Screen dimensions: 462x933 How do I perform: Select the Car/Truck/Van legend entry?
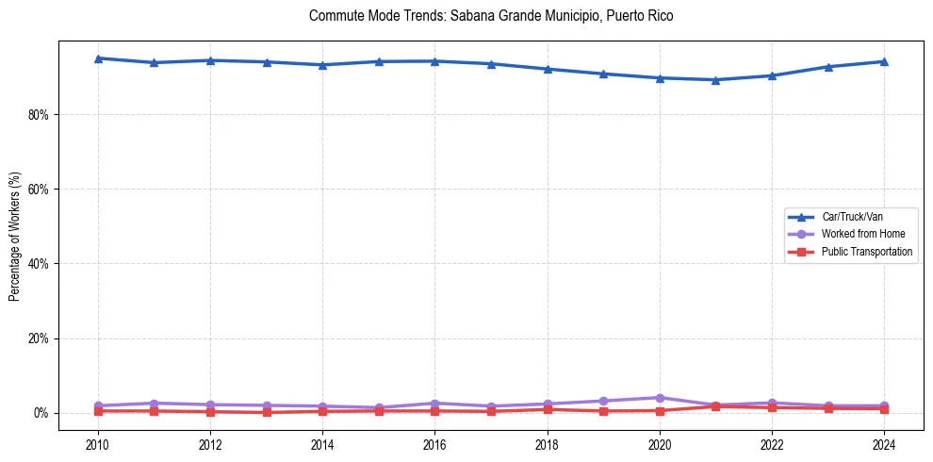pyautogui.click(x=852, y=217)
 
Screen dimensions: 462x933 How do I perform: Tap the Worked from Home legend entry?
pyautogui.click(x=863, y=234)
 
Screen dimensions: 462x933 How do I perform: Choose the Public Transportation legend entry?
pyautogui.click(x=867, y=252)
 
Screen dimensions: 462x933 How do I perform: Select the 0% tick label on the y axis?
pyautogui.click(x=41, y=413)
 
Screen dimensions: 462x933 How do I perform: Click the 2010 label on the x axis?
pyautogui.click(x=98, y=443)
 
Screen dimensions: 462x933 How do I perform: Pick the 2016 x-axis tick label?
pyautogui.click(x=434, y=443)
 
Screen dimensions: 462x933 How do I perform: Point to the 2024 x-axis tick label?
pyautogui.click(x=884, y=443)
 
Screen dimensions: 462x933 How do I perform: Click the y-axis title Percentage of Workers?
pyautogui.click(x=15, y=235)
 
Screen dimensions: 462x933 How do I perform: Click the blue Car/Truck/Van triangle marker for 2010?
pyautogui.click(x=98, y=58)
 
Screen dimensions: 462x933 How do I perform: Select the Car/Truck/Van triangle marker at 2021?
pyautogui.click(x=715, y=80)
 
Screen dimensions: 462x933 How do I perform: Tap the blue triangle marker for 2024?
pyautogui.click(x=884, y=61)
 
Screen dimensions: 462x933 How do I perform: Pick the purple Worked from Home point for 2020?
pyautogui.click(x=660, y=398)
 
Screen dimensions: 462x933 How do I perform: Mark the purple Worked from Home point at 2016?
pyautogui.click(x=434, y=404)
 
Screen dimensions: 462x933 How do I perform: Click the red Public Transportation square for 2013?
pyautogui.click(x=267, y=412)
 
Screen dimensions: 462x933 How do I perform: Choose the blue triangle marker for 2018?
pyautogui.click(x=548, y=69)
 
